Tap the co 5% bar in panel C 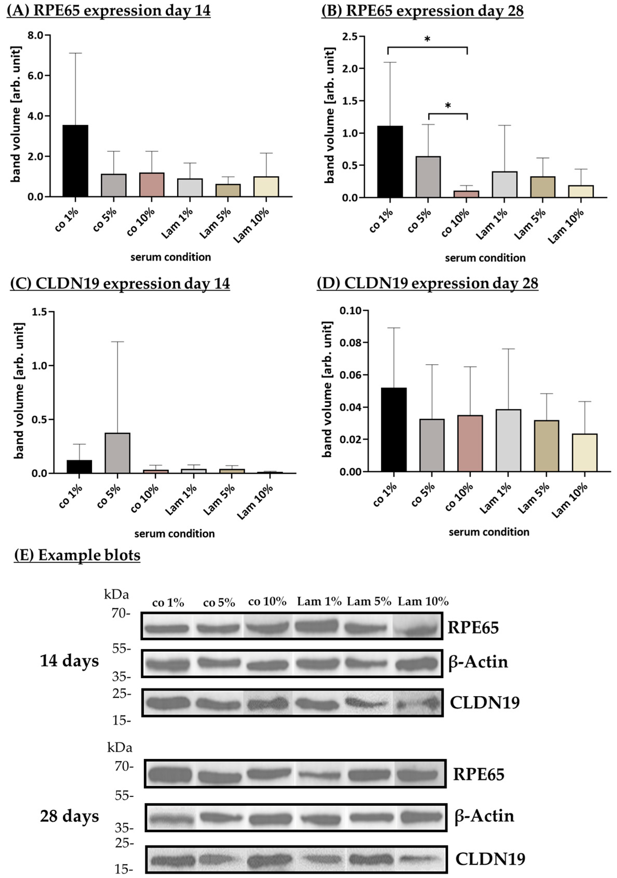117,453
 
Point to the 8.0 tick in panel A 36,35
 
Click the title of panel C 120,284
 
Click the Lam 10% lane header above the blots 423,602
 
